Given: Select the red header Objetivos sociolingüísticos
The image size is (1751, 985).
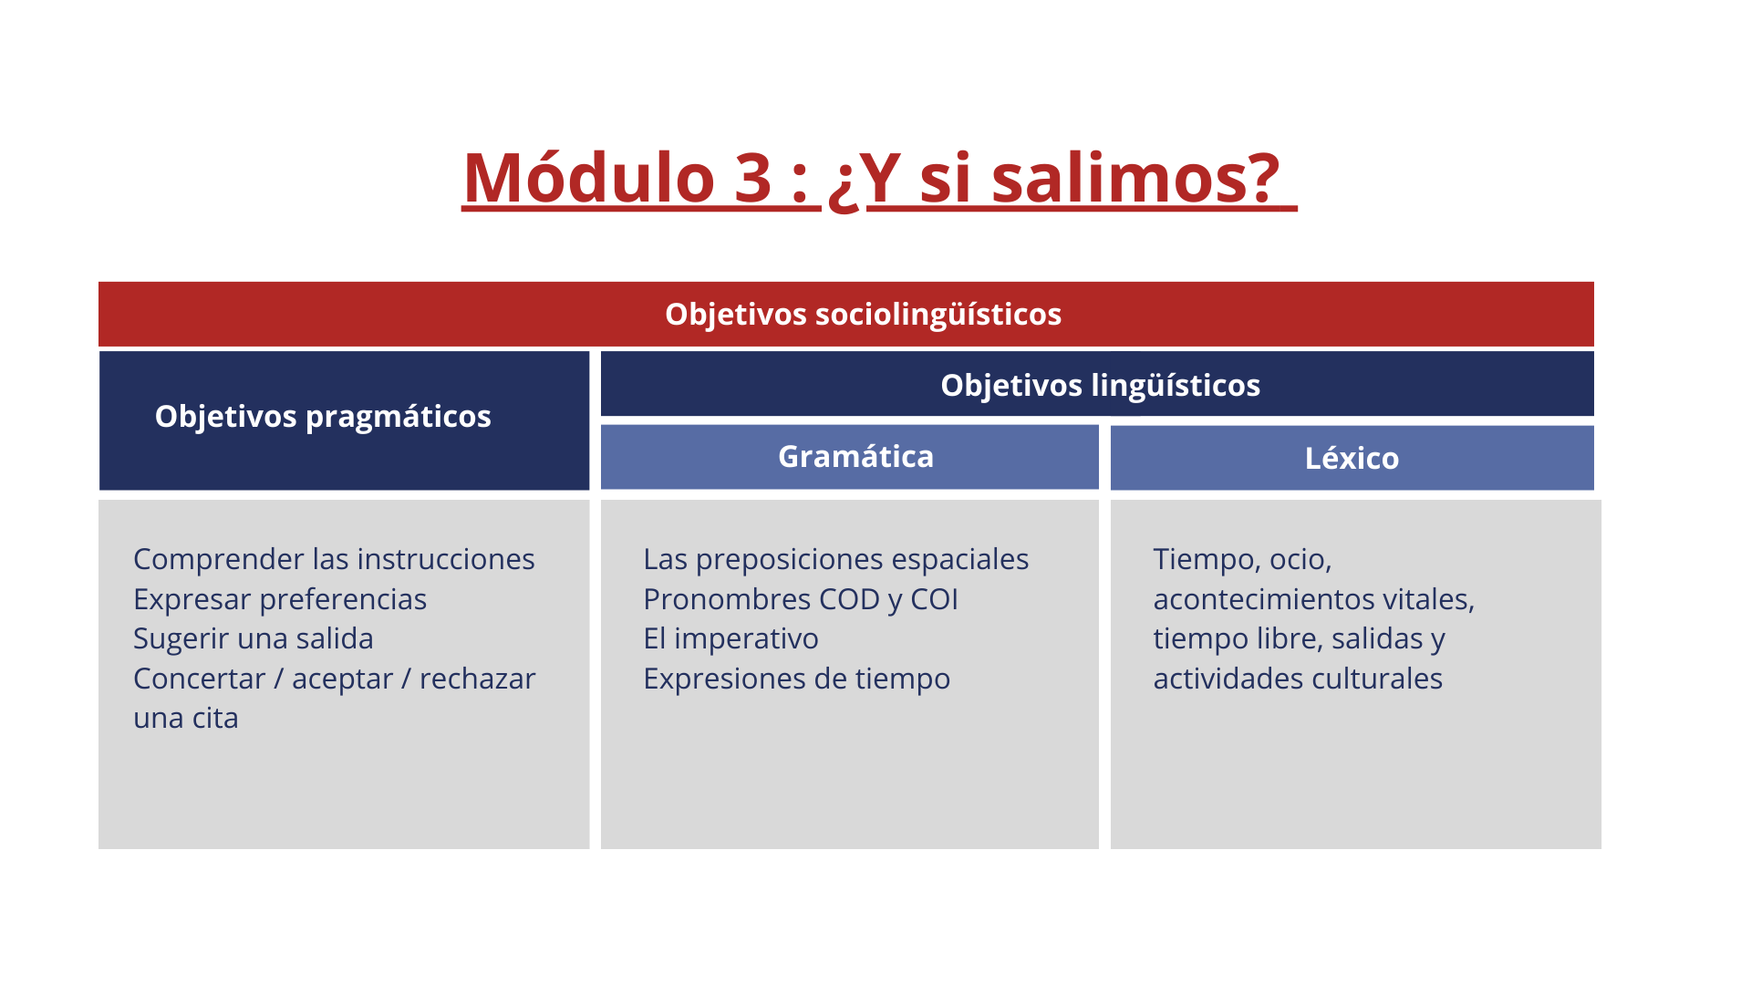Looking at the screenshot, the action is pyautogui.click(x=863, y=314).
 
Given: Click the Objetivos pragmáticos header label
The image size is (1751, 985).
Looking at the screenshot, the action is pyautogui.click(x=323, y=417).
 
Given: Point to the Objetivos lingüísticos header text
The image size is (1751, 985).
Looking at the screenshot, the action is pyautogui.click(x=1100, y=385).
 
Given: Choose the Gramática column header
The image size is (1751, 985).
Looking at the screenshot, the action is pyautogui.click(x=855, y=456).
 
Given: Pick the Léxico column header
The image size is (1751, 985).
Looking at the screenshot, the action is pyautogui.click(x=1352, y=458).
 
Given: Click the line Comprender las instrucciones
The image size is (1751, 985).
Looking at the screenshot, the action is pyautogui.click(x=334, y=559).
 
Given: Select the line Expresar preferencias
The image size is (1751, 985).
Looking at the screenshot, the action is pyautogui.click(x=280, y=599).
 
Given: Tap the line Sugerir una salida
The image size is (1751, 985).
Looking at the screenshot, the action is pyautogui.click(x=254, y=638).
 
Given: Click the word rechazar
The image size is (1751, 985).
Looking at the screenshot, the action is pyautogui.click(x=477, y=679).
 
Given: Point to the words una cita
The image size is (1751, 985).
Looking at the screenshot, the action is pyautogui.click(x=186, y=718).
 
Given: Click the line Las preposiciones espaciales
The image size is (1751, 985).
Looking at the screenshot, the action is pyautogui.click(x=835, y=559).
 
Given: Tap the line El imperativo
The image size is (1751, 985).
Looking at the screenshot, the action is pyautogui.click(x=730, y=638).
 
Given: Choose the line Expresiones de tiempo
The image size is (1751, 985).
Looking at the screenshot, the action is pyautogui.click(x=796, y=679).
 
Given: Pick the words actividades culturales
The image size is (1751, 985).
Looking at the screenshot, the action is pyautogui.click(x=1298, y=679).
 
